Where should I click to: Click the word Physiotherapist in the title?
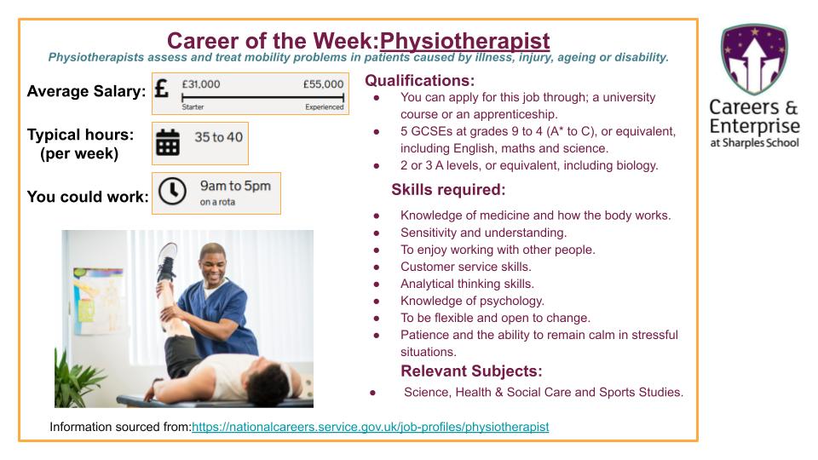[x=464, y=41]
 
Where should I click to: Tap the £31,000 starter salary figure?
[x=201, y=84]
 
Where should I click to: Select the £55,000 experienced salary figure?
[x=323, y=84]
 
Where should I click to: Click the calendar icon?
[x=168, y=143]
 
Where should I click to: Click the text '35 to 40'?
[x=218, y=137]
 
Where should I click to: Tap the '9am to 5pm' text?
[x=235, y=186]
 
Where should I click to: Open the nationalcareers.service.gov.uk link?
[x=370, y=427]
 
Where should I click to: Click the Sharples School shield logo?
[x=753, y=58]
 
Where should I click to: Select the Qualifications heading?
[x=419, y=81]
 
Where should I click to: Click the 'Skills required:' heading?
[x=448, y=190]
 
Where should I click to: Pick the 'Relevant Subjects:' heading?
[x=471, y=371]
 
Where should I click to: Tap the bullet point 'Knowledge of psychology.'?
[x=472, y=301]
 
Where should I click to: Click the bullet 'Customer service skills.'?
[x=465, y=267]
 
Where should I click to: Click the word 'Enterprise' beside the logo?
[x=755, y=126]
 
